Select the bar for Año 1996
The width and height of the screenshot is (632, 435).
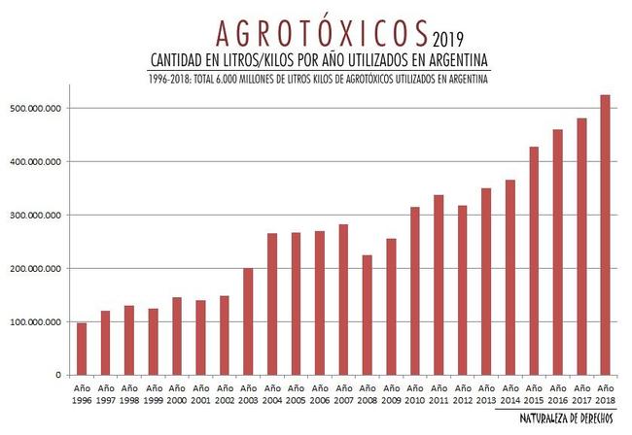click(x=82, y=349)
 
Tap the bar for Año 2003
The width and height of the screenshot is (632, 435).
click(x=248, y=321)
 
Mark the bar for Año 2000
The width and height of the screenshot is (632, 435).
click(x=177, y=336)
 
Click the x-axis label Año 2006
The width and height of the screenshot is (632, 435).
click(x=319, y=392)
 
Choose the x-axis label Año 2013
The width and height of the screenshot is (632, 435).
click(x=485, y=392)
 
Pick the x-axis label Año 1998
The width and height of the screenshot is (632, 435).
click(x=129, y=392)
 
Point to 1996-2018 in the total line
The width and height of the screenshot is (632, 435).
click(x=162, y=79)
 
